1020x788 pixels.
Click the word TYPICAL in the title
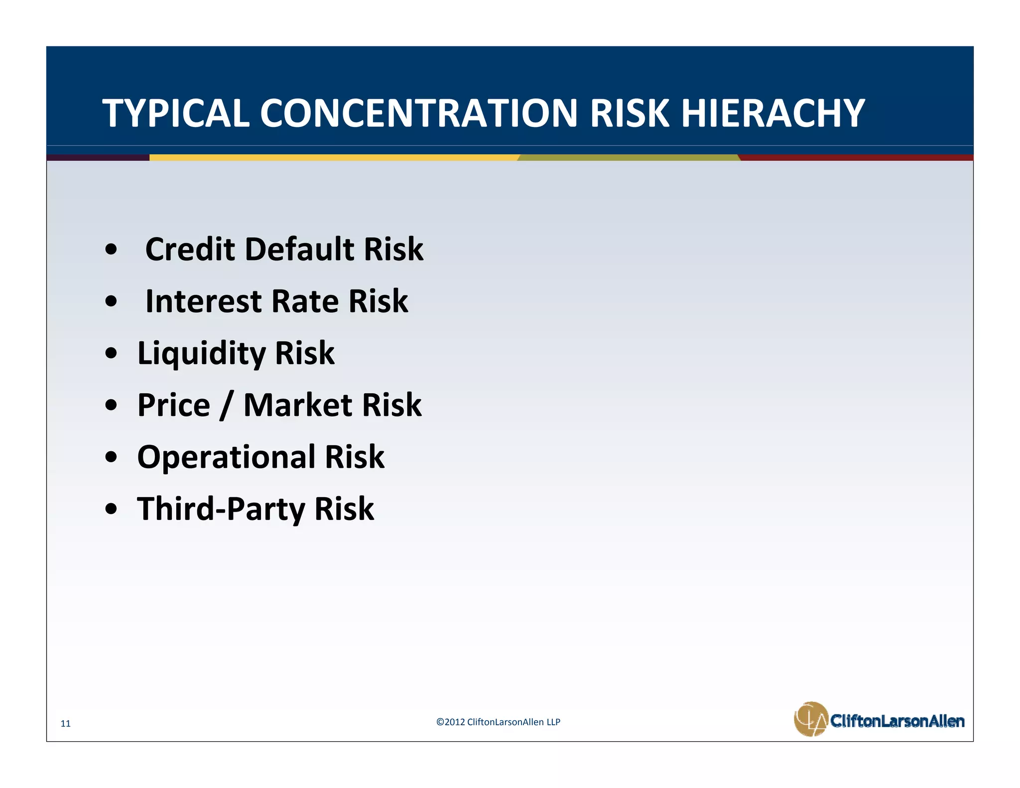pos(175,113)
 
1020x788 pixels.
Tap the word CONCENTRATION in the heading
pos(418,113)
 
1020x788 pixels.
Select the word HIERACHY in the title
pos(772,113)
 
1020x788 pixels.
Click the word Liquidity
pos(202,354)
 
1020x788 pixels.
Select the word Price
pos(173,405)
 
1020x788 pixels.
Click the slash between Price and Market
pos(226,406)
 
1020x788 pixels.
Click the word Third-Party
pos(221,509)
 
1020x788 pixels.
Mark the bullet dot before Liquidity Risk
pos(112,354)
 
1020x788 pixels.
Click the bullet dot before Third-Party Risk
pos(112,510)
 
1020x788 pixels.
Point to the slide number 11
pos(66,724)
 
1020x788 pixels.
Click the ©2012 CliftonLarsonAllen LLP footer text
pos(498,722)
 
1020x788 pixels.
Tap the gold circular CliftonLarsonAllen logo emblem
pos(810,719)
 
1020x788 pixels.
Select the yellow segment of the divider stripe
pos(334,157)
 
